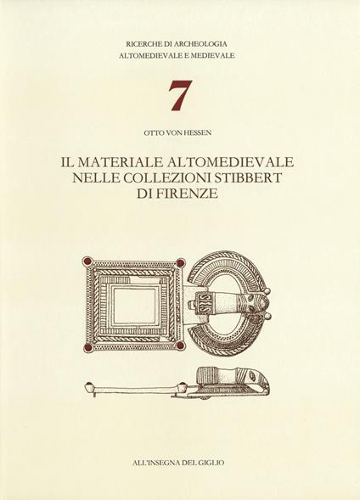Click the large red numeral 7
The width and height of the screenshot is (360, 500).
(179, 96)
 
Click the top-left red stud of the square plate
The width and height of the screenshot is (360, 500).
(87, 261)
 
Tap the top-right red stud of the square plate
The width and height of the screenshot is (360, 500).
(181, 261)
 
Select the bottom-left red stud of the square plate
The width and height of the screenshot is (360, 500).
(87, 347)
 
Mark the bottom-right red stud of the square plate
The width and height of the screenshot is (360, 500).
(181, 347)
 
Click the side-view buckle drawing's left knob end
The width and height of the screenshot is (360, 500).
(89, 387)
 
